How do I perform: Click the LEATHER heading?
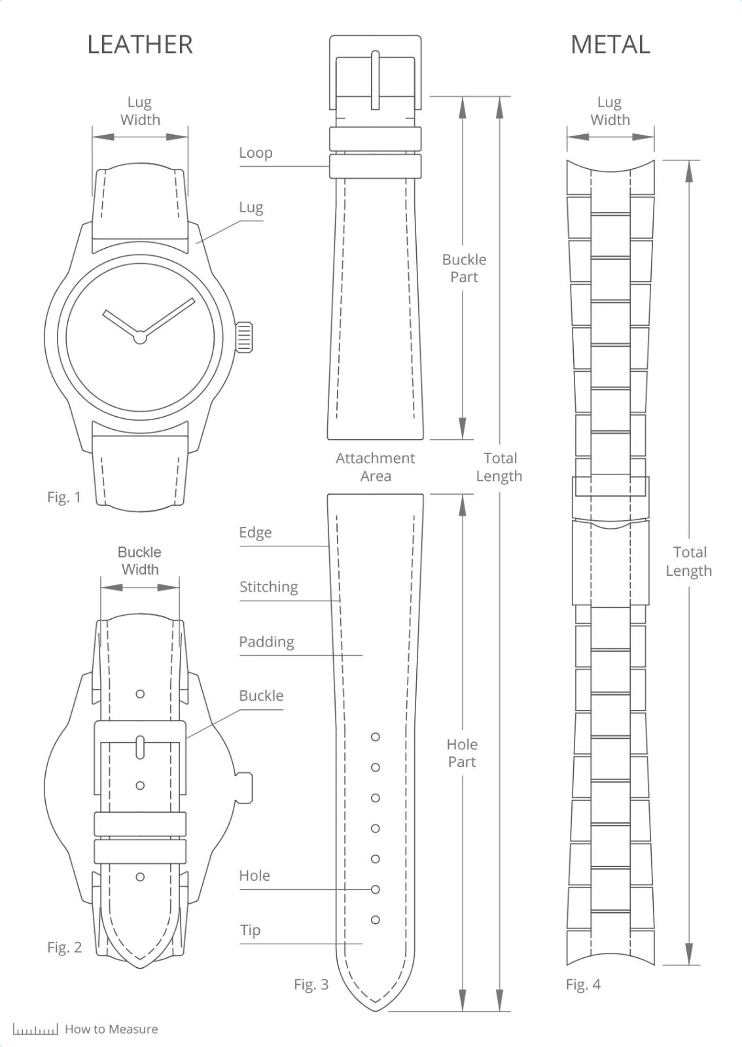coord(140,44)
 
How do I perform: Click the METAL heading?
coord(610,44)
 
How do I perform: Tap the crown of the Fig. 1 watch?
coord(243,337)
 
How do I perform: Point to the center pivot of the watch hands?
coord(139,338)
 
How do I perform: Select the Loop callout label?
coord(255,152)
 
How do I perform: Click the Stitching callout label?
coord(268,587)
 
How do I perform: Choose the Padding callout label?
coord(266,642)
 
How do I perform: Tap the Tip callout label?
coord(250,930)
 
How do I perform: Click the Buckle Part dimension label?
coord(464,268)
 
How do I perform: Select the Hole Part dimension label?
coord(462,753)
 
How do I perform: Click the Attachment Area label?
coord(376,467)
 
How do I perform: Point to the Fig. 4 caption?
coord(583,984)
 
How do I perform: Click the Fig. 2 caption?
coord(64,948)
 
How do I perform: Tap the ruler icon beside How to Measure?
coord(35,1029)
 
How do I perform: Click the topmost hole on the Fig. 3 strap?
coord(376,737)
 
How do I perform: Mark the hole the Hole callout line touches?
coord(376,889)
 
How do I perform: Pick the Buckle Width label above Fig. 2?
coord(140,561)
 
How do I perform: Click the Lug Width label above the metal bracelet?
coord(610,111)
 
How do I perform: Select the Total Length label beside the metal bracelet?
coord(689,561)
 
